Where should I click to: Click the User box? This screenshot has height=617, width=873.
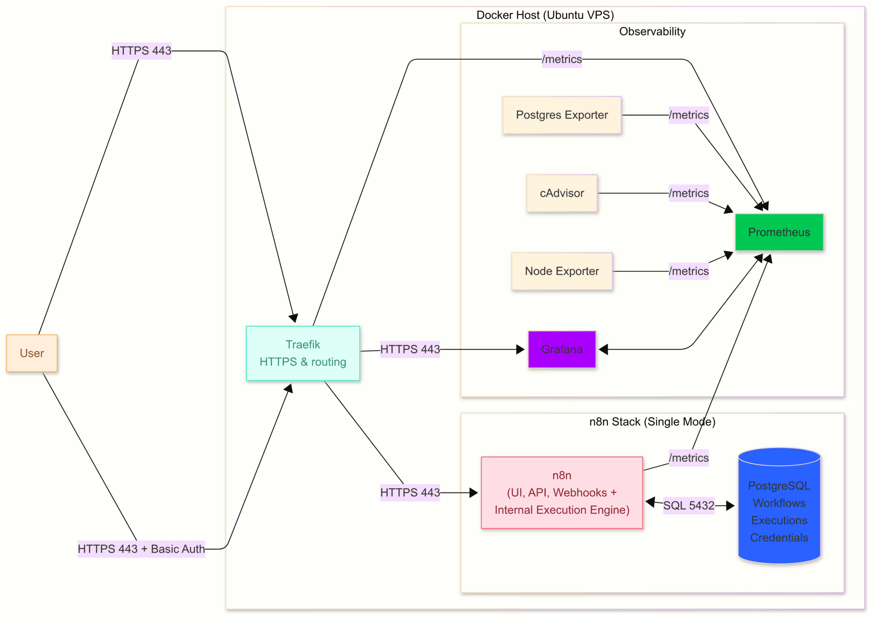pos(32,353)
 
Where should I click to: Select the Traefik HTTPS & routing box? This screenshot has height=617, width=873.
pos(303,353)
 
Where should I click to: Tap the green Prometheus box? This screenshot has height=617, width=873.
pos(779,232)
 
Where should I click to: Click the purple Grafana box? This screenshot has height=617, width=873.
pos(561,349)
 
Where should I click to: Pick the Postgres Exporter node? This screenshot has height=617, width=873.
pos(561,115)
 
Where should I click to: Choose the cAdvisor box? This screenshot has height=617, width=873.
pos(561,193)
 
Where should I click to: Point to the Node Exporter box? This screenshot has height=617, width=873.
pos(561,271)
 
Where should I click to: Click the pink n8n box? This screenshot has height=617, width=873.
pos(561,492)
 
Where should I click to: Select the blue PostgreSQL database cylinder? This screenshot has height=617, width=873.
pos(779,507)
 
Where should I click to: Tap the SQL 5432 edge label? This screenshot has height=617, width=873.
pos(688,506)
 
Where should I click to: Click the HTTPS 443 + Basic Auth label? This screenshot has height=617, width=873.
pos(141,549)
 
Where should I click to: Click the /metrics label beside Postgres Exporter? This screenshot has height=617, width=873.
pos(688,115)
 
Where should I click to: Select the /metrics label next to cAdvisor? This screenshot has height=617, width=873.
pos(688,193)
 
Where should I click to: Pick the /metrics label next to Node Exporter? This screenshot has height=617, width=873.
pos(688,271)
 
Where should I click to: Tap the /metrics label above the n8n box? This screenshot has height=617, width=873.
pos(688,458)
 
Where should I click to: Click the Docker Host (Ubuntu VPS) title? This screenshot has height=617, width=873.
pos(545,15)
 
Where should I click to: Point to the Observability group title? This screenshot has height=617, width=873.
pos(652,32)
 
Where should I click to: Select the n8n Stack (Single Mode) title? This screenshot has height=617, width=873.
pos(652,422)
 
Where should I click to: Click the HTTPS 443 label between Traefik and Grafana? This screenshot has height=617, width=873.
pos(410,349)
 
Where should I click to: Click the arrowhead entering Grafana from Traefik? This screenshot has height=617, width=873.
pos(520,350)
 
